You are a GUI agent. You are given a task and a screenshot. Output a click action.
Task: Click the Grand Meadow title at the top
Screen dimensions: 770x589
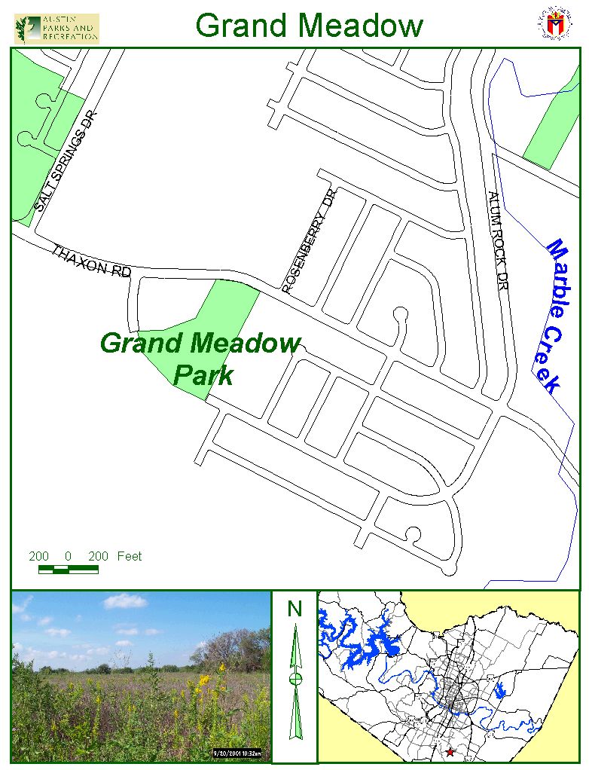[x=309, y=25]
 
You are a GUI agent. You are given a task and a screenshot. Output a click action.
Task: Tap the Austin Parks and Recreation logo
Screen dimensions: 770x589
[x=56, y=29]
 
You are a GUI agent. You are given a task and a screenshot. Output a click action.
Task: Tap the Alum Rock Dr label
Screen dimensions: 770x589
[x=499, y=241]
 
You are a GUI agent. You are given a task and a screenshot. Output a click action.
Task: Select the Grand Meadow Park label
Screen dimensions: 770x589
[x=200, y=358]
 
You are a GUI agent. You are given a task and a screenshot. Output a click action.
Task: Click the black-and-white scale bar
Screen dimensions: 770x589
[x=69, y=570]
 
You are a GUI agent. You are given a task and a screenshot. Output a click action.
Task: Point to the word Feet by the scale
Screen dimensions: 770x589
[x=130, y=557]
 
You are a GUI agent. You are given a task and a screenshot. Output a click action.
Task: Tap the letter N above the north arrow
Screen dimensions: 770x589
[x=294, y=609]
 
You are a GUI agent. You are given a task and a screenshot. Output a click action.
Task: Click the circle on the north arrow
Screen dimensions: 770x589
[x=295, y=680]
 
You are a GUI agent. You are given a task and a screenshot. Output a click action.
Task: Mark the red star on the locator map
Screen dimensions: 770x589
[x=450, y=752]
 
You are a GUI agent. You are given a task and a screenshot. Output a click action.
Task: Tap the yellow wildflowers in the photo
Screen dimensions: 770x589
[x=203, y=682]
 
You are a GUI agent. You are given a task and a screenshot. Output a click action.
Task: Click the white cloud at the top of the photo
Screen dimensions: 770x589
[x=124, y=601]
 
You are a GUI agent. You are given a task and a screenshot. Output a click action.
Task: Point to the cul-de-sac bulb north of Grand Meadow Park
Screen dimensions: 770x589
[x=400, y=313]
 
